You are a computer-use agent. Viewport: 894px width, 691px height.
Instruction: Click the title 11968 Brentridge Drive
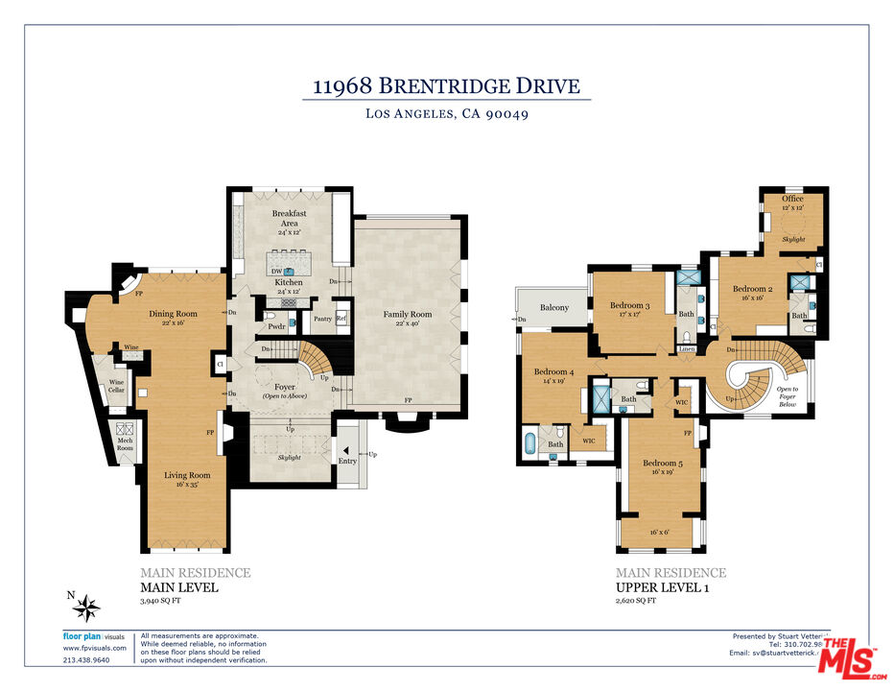click(x=447, y=85)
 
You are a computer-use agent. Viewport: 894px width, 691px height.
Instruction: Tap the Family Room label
click(x=408, y=314)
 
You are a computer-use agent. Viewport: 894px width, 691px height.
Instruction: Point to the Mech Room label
click(x=125, y=443)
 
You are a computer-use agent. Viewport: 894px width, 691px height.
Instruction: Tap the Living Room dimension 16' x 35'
click(x=186, y=485)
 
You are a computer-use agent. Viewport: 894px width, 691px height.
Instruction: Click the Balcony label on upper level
click(x=553, y=308)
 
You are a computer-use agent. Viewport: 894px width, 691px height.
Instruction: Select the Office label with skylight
click(x=792, y=199)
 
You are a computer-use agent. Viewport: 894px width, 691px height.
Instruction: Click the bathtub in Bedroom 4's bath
click(x=530, y=445)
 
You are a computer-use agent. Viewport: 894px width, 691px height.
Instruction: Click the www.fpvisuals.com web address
click(x=94, y=648)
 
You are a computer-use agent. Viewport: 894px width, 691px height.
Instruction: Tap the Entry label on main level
click(x=347, y=462)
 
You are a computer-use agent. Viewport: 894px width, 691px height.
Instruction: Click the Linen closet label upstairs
click(x=686, y=348)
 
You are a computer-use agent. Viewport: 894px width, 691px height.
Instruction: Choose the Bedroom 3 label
click(x=630, y=307)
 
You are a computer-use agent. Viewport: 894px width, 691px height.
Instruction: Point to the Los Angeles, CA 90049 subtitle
click(x=447, y=113)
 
